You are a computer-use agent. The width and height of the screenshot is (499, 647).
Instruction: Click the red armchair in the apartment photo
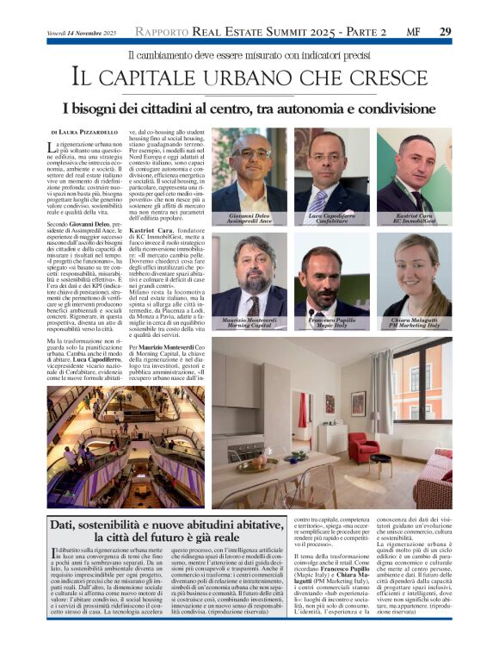pos(362,448)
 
